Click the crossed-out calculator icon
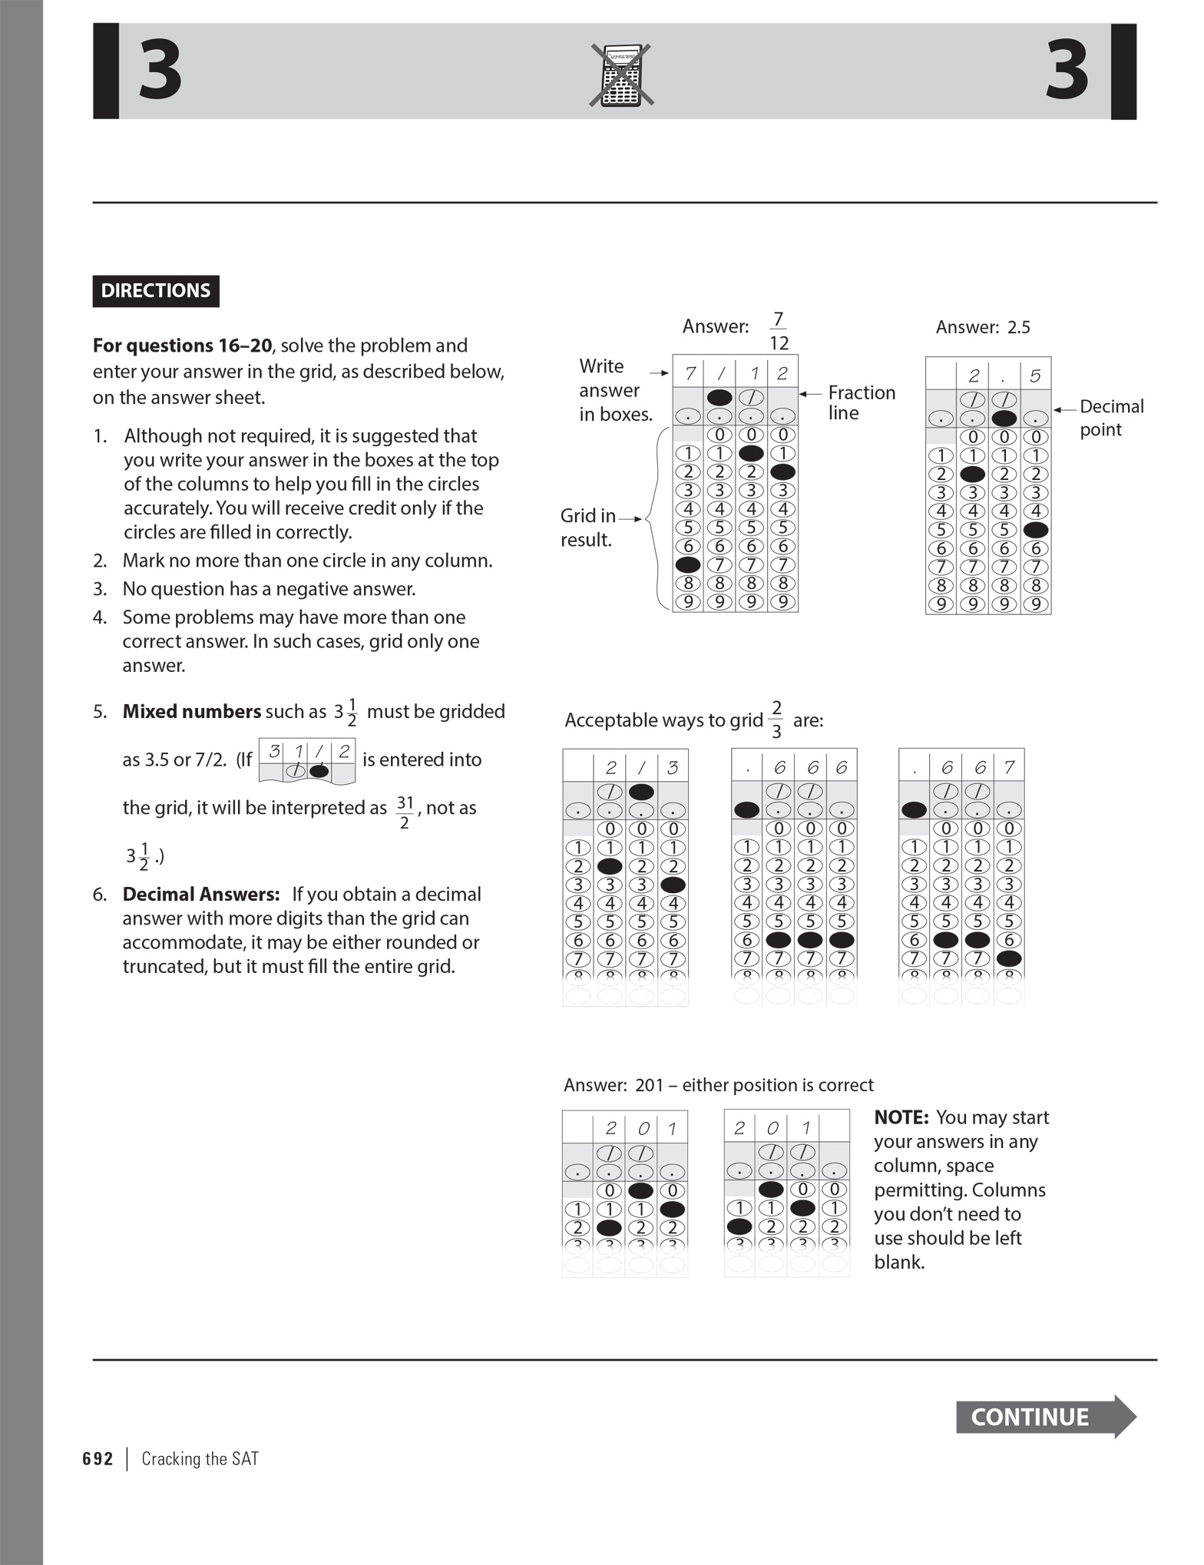pos(621,74)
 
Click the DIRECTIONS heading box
pos(156,291)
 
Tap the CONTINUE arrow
pos(1044,1417)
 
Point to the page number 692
pos(98,1459)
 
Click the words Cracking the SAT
pos(200,1459)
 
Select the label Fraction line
pos(861,402)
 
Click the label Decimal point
pos(1110,417)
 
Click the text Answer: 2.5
pos(982,327)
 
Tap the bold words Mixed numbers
pos(192,712)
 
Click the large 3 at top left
pos(160,71)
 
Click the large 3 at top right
pos(1067,71)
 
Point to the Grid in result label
pos(587,528)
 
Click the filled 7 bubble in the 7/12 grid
pos(688,564)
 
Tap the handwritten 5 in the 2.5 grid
pos(1035,376)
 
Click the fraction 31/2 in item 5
pos(405,812)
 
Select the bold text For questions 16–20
pos(182,346)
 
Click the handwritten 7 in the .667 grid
pos(1009,767)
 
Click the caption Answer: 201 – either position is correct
pos(718,1085)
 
